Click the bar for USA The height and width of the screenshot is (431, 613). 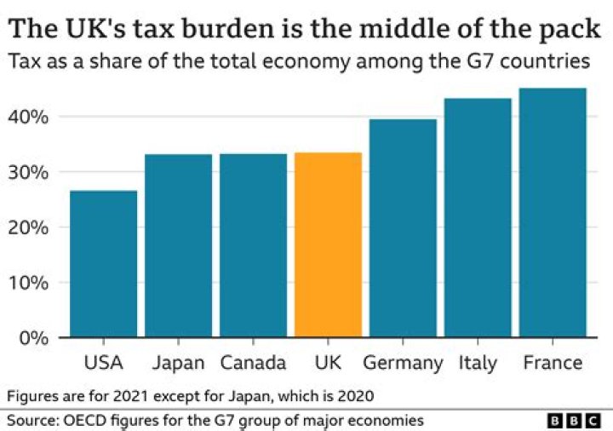pos(103,264)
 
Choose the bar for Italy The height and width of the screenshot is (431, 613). pos(478,218)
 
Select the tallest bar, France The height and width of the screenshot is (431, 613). pos(553,213)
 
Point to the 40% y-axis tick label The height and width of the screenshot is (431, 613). pos(32,117)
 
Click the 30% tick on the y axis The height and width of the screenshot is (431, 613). pos(32,172)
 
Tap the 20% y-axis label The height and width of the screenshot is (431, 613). pos(32,227)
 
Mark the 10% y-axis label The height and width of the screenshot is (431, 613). pos(32,283)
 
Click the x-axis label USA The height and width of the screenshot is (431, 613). pos(103,363)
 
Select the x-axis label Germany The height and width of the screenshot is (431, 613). pos(403,364)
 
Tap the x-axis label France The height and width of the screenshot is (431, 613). pos(553,363)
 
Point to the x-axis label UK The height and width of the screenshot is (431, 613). pos(328,363)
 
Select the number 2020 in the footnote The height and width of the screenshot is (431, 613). pos(355,396)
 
